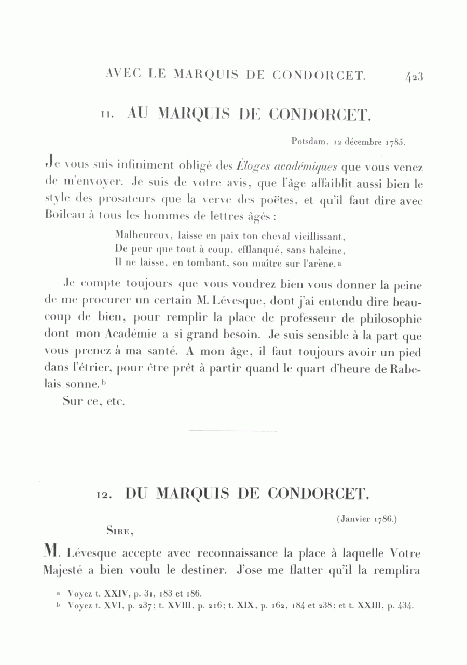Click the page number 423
point(415,76)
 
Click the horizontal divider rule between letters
point(233,431)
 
